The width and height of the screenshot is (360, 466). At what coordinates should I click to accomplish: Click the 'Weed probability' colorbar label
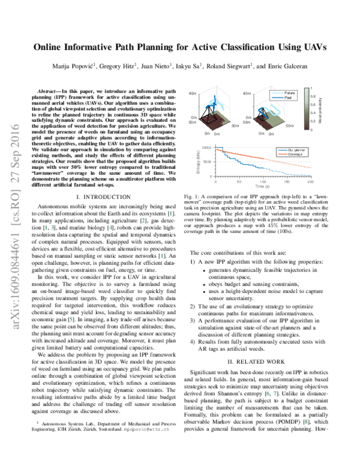point(329,108)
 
